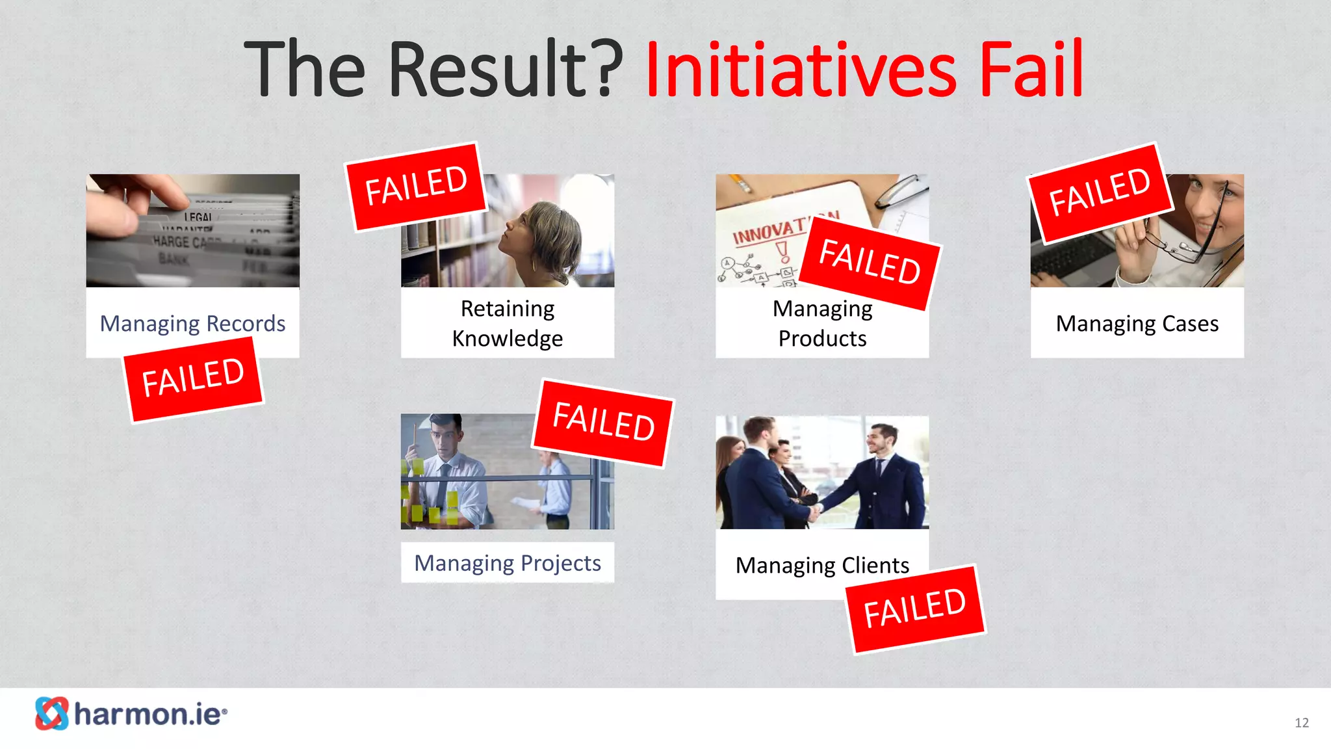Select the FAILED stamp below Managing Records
pyautogui.click(x=193, y=379)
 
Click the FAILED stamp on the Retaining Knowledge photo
pyautogui.click(x=416, y=187)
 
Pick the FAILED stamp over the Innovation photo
pyautogui.click(x=870, y=262)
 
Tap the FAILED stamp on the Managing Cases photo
pyautogui.click(x=1100, y=192)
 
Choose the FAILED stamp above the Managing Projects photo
pyautogui.click(x=603, y=422)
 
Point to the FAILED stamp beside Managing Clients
pyautogui.click(x=915, y=609)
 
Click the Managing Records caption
pyautogui.click(x=192, y=323)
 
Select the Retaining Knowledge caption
pyautogui.click(x=508, y=323)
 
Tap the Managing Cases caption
pyautogui.click(x=1137, y=323)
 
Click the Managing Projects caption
pyautogui.click(x=508, y=562)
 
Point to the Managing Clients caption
pyautogui.click(x=822, y=565)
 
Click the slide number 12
pyautogui.click(x=1301, y=723)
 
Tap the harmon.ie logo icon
pyautogui.click(x=51, y=713)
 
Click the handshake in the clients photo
pyautogui.click(x=813, y=512)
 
